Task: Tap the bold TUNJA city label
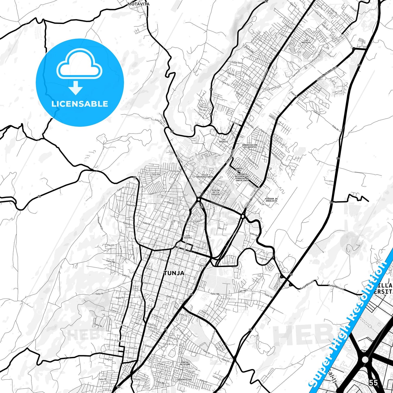[174, 273]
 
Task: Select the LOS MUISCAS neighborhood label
[306, 41]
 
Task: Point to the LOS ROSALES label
[224, 141]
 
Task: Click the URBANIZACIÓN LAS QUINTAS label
[249, 146]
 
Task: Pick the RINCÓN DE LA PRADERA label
[216, 192]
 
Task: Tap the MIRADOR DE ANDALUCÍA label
[271, 200]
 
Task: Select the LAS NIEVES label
[188, 237]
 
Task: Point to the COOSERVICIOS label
[184, 380]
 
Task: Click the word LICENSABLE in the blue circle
[80, 104]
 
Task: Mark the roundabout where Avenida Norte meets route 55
[199, 200]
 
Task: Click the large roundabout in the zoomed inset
[365, 360]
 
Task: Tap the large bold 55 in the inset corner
[373, 383]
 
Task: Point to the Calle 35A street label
[156, 174]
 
